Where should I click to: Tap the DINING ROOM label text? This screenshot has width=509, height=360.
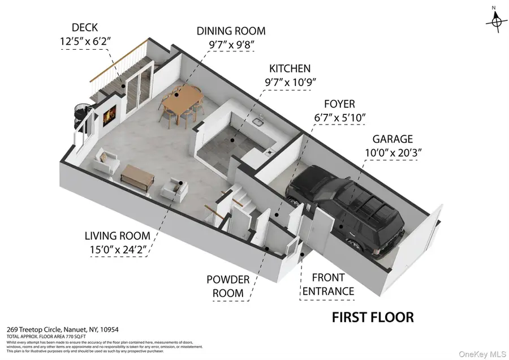[230, 31]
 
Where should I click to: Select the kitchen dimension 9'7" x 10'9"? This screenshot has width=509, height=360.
[290, 82]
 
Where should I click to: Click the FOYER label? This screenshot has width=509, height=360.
[339, 104]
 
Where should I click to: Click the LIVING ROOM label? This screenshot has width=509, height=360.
[118, 235]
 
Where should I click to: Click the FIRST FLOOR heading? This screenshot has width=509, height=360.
[372, 317]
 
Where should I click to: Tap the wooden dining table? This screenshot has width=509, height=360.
[182, 105]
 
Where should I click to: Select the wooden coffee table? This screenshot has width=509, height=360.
[137, 178]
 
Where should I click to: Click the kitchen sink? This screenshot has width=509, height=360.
[257, 121]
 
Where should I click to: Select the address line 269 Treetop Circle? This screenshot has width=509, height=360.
[62, 329]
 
